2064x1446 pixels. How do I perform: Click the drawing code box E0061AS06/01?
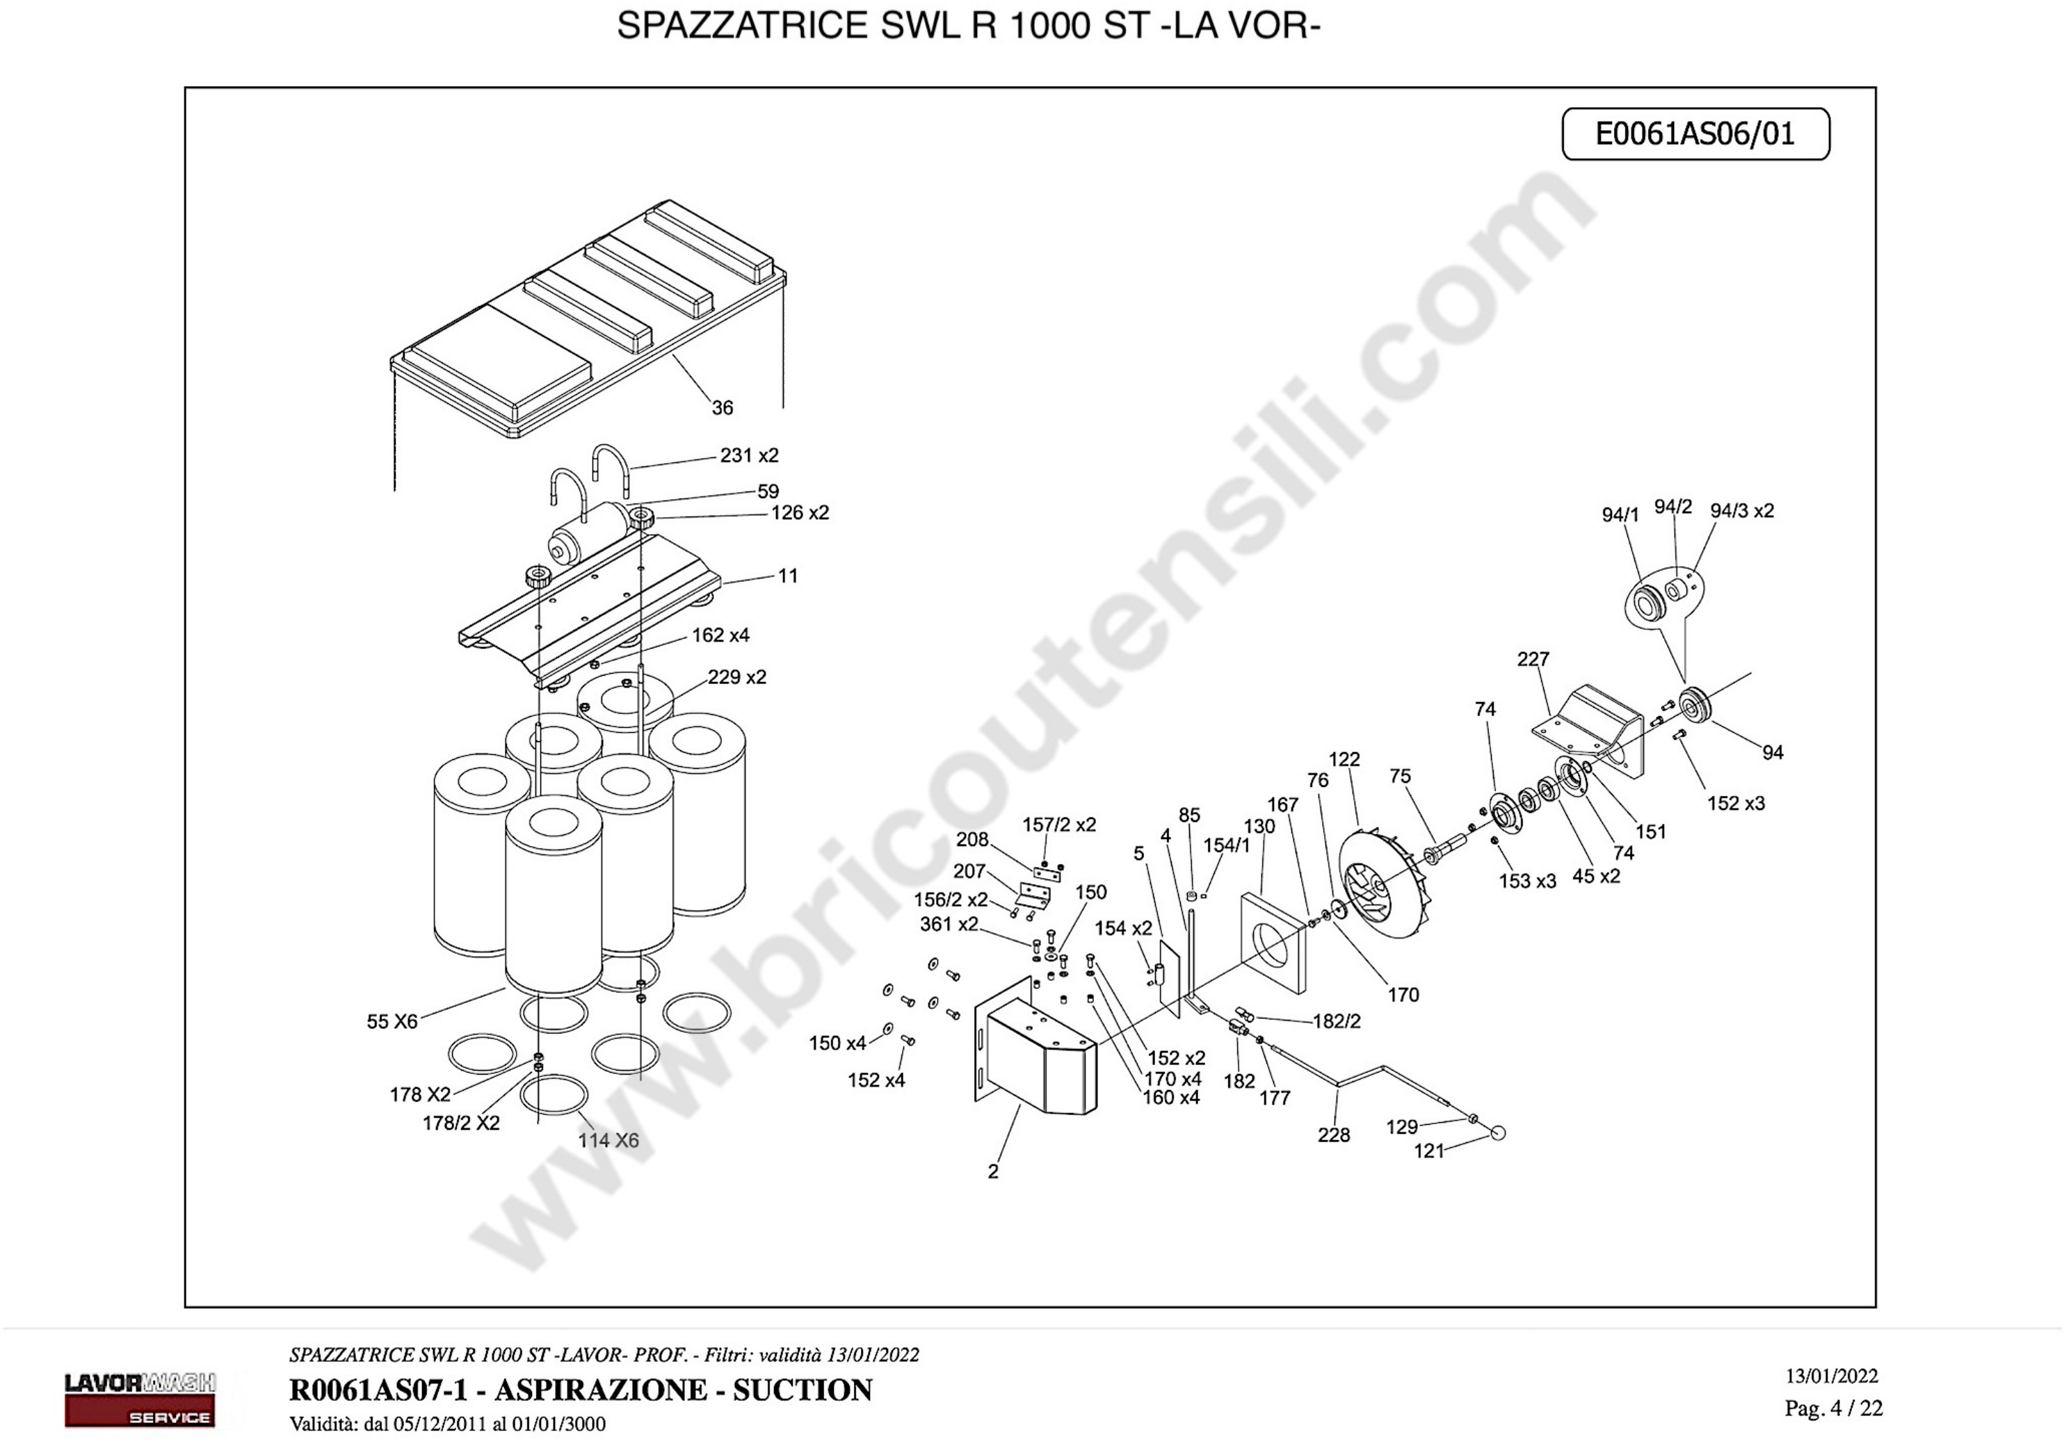point(1695,134)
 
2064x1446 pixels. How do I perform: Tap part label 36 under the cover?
point(723,408)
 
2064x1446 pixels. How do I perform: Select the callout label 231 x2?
point(750,455)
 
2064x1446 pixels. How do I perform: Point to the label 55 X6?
point(392,1022)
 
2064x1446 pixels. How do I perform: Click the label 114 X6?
point(608,1140)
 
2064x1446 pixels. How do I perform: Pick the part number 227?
point(1533,659)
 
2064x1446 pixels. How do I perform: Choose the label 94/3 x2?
point(1742,510)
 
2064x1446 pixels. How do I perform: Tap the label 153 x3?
point(1527,881)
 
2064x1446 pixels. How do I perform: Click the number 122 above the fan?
point(1344,759)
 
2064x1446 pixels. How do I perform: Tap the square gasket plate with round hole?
point(1273,943)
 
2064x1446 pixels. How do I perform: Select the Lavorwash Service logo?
point(139,1399)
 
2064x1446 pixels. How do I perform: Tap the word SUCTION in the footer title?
point(802,1390)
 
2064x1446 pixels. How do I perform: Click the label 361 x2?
point(949,924)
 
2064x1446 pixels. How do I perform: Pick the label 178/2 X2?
point(461,1123)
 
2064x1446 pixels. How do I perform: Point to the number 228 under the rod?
point(1334,1135)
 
